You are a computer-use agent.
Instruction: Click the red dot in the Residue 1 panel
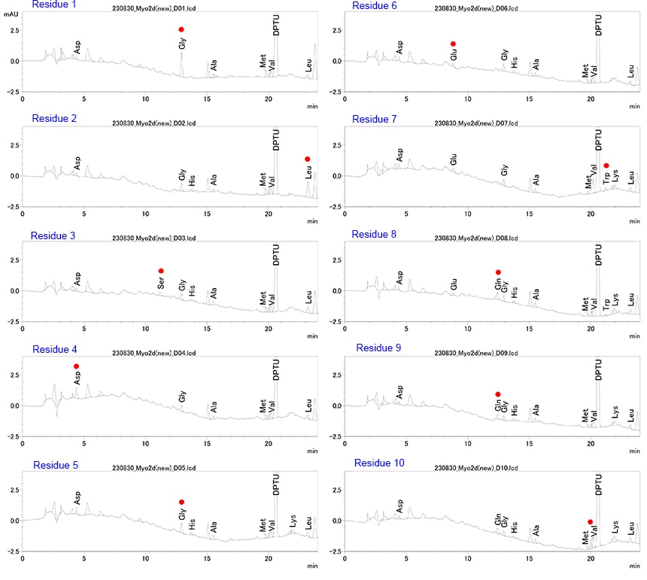[181, 29]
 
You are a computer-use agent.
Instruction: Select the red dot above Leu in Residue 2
[308, 159]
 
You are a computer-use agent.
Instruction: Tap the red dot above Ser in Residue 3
[161, 271]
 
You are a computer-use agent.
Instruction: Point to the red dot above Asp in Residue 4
[76, 366]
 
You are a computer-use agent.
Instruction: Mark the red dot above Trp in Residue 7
[606, 165]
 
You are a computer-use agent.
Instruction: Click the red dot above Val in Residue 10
[590, 521]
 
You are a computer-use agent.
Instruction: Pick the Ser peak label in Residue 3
[161, 284]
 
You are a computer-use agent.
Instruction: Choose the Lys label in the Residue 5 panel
[292, 521]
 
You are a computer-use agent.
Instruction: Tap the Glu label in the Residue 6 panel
[454, 54]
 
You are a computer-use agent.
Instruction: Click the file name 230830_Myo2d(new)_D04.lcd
[153, 354]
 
